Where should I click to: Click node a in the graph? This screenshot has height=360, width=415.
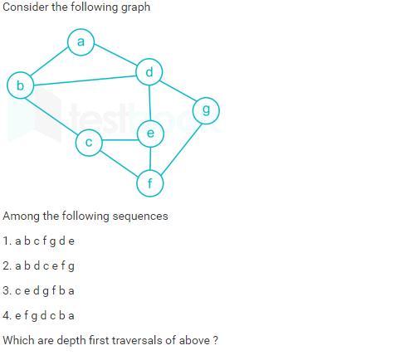(81, 42)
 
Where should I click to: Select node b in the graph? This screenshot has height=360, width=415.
(21, 85)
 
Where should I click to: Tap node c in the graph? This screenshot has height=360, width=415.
(89, 143)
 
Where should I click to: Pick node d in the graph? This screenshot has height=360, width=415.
(149, 72)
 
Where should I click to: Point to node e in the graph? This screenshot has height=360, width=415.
(150, 134)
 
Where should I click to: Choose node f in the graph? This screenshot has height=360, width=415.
(150, 183)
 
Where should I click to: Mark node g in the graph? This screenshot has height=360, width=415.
(206, 110)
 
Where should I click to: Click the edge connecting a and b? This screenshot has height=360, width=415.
(49, 61)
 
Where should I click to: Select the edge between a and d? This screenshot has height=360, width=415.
(115, 55)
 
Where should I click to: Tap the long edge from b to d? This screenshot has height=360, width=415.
(85, 80)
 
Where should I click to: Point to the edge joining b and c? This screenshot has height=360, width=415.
(52, 116)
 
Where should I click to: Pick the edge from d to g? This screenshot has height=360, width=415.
(178, 90)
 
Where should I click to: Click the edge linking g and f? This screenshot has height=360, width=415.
(181, 148)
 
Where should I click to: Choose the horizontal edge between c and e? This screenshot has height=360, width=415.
(120, 140)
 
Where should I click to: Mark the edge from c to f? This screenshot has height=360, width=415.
(119, 163)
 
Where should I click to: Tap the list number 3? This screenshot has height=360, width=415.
(7, 290)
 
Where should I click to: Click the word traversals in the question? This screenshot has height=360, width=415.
(137, 340)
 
